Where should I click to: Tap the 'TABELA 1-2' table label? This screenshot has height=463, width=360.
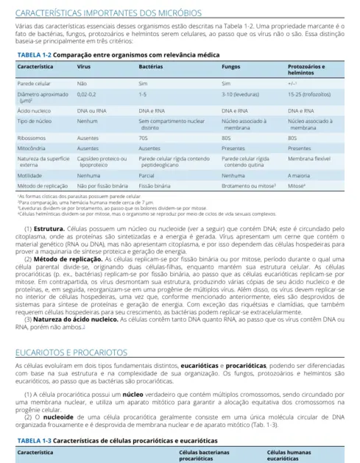(33, 55)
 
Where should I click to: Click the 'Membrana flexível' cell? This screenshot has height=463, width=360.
(308, 158)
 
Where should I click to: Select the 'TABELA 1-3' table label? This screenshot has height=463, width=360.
(33, 439)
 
